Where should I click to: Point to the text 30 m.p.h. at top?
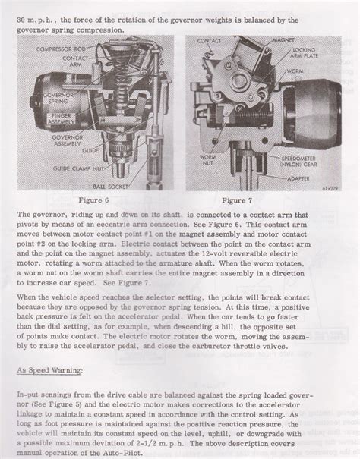click(36, 17)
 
